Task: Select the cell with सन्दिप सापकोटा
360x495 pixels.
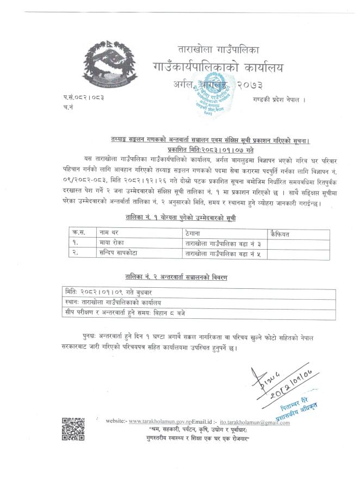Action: click(x=120, y=253)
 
